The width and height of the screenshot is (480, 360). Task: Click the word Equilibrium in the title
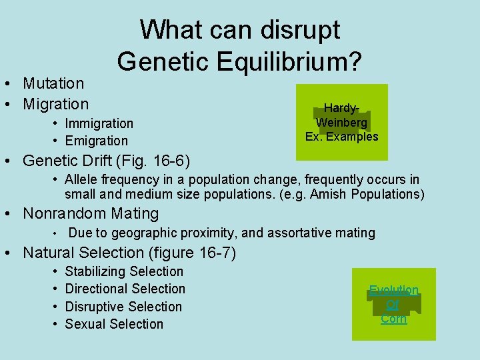[x=295, y=61]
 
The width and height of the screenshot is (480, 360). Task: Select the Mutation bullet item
[x=53, y=83]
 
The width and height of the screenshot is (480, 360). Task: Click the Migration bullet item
[x=55, y=104]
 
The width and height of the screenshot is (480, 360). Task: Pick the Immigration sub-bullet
[x=99, y=123]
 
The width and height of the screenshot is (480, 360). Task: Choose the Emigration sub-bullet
[x=96, y=141]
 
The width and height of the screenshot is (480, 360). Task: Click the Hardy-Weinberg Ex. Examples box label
[x=341, y=122]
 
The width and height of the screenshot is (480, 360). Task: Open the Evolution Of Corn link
[x=393, y=305]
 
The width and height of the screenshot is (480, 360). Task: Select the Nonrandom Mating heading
[x=91, y=213]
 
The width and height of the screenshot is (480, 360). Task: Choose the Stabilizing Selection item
[x=124, y=271]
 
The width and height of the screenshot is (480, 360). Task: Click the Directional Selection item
[x=125, y=289]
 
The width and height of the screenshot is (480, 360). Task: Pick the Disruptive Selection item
[x=123, y=307]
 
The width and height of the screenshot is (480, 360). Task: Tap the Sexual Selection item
[x=114, y=324]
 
